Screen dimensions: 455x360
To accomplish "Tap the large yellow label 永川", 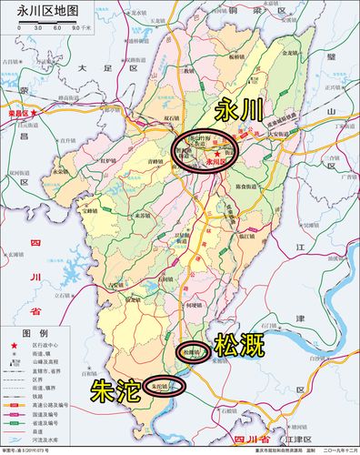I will click(240, 111).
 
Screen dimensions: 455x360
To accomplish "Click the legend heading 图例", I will click(34, 333).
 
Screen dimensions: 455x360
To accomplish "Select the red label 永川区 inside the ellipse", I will click(218, 157).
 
